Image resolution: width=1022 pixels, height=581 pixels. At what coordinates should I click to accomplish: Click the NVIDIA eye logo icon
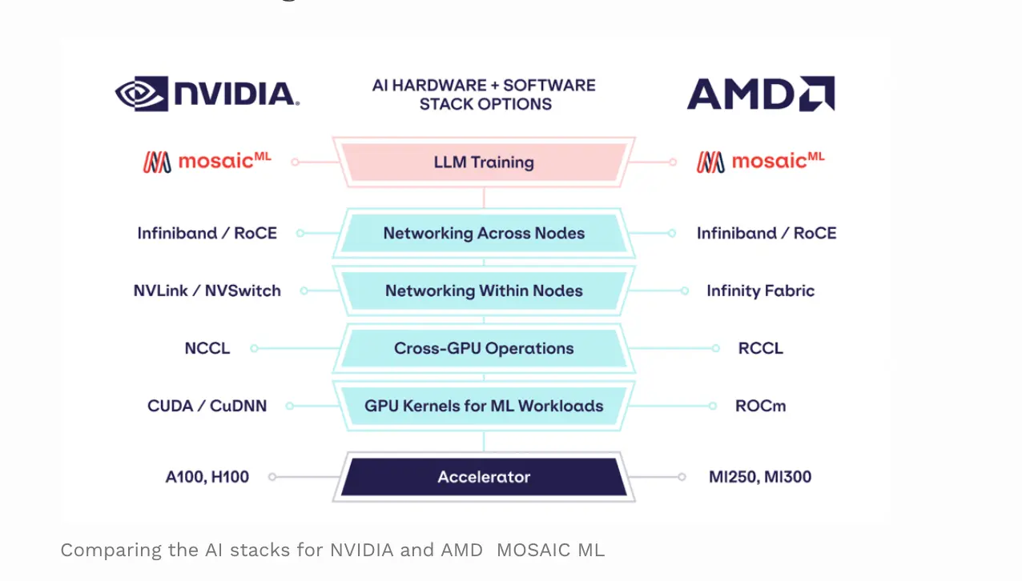pyautogui.click(x=142, y=94)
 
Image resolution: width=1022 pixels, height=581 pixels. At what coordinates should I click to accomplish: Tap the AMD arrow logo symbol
pyautogui.click(x=817, y=94)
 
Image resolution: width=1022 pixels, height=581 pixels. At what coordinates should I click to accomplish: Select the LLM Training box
pyautogui.click(x=484, y=162)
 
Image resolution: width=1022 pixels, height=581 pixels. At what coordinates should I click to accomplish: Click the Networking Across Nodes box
pyautogui.click(x=484, y=233)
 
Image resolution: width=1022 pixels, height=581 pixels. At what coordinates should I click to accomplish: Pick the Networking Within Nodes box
pyautogui.click(x=484, y=290)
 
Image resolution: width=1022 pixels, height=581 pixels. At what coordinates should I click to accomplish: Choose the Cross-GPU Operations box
pyautogui.click(x=484, y=348)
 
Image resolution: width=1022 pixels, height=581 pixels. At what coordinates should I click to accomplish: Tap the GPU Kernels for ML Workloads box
pyautogui.click(x=484, y=406)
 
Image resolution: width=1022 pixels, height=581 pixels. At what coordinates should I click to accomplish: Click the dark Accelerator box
pyautogui.click(x=484, y=477)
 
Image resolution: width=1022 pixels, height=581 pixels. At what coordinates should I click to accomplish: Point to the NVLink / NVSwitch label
pyautogui.click(x=207, y=290)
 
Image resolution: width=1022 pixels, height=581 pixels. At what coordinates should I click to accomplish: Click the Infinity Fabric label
pyautogui.click(x=761, y=290)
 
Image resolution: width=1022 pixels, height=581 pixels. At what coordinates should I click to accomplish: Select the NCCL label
pyautogui.click(x=207, y=348)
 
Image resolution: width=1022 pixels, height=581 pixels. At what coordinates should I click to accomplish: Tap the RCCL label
pyautogui.click(x=761, y=348)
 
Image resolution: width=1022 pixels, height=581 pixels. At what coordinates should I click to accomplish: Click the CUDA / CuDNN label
pyautogui.click(x=207, y=406)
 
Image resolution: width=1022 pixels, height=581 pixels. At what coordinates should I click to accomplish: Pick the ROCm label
pyautogui.click(x=761, y=406)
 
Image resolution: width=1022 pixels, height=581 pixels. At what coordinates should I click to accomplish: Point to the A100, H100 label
pyautogui.click(x=207, y=477)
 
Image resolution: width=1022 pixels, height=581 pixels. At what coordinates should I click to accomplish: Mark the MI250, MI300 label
pyautogui.click(x=760, y=477)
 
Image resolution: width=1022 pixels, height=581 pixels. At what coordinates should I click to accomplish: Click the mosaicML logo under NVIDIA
pyautogui.click(x=207, y=162)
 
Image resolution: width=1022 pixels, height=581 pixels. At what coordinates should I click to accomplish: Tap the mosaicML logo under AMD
pyautogui.click(x=761, y=162)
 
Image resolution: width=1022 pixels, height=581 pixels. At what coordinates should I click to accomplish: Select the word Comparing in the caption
pyautogui.click(x=111, y=551)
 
